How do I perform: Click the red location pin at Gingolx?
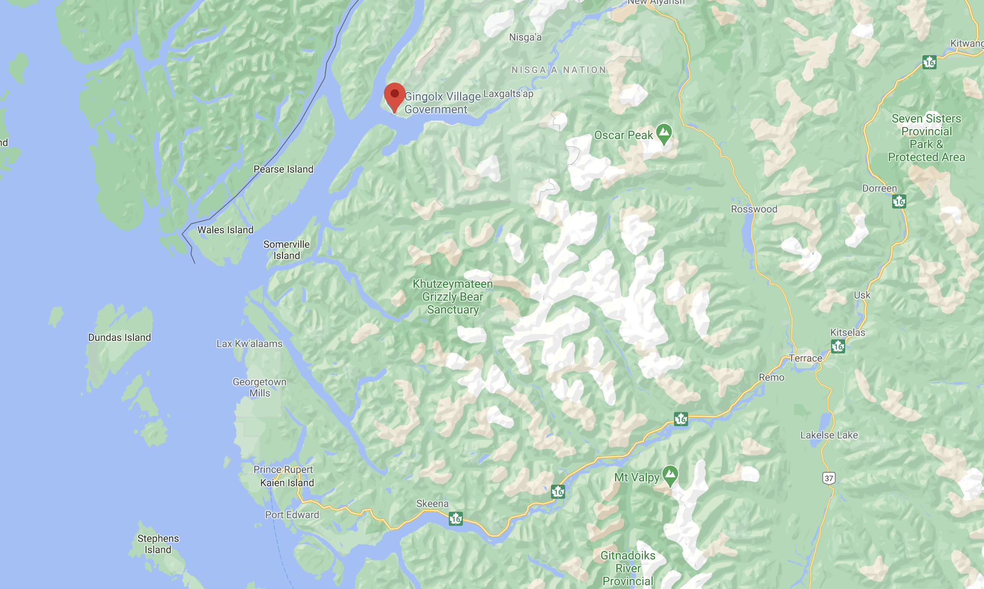394,96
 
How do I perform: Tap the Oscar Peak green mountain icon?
664,134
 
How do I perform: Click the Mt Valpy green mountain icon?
670,476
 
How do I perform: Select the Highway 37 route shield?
828,478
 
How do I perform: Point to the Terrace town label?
805,358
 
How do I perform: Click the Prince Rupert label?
283,469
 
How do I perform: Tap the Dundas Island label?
120,337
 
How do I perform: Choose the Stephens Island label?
158,544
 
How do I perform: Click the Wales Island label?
225,230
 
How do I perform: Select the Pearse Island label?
283,169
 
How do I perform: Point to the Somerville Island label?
286,250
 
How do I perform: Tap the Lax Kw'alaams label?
249,344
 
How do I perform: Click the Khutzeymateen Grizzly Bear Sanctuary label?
453,297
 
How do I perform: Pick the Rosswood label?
754,209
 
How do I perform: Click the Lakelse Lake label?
829,435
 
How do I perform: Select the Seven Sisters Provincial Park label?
926,138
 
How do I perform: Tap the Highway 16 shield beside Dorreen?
899,201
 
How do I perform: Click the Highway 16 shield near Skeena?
455,519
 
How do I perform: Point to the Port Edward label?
292,515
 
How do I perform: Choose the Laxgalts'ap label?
508,94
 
